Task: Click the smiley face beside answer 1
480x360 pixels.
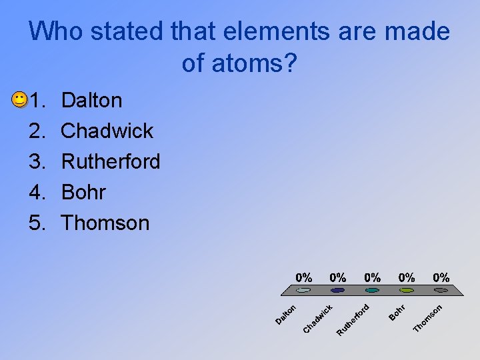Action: pos(19,101)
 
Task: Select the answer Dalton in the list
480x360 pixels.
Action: pos(91,101)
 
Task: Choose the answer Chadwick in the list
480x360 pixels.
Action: pos(107,131)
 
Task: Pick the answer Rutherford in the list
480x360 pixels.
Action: pos(110,161)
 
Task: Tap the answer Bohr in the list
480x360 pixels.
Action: pos(83,192)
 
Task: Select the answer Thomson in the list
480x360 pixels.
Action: pos(105,223)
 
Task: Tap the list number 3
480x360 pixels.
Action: pos(36,161)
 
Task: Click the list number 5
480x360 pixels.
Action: pos(36,223)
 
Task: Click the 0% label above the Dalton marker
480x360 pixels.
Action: pos(304,277)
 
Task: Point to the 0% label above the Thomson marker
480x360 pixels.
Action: pos(441,277)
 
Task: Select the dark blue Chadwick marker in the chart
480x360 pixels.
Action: pos(338,290)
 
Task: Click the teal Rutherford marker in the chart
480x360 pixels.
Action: pos(373,290)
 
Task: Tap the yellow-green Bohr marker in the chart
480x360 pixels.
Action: pos(407,290)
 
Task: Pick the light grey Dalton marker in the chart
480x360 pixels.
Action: pos(304,290)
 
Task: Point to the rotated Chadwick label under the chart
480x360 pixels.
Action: pos(318,319)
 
